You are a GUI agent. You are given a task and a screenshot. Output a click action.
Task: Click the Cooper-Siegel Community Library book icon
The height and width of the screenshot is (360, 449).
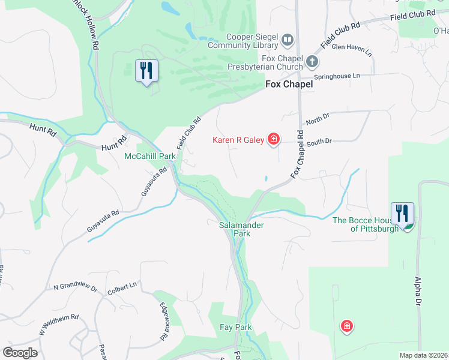pyautogui.click(x=287, y=40)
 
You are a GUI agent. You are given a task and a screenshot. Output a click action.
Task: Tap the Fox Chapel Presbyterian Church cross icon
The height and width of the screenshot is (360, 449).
pyautogui.click(x=312, y=61)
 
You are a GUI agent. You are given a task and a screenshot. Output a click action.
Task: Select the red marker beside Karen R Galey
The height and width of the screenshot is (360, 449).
pyautogui.click(x=273, y=140)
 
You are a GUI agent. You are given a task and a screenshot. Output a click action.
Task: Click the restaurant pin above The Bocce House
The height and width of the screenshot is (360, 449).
pyautogui.click(x=402, y=213)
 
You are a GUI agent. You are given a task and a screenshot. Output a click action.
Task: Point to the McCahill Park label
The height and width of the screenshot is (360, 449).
pyautogui.click(x=149, y=156)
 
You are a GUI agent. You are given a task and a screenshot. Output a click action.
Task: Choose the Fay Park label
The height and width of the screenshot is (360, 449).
pyautogui.click(x=235, y=327)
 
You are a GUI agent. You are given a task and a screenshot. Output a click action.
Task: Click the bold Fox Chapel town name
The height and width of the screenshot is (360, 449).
pyautogui.click(x=289, y=85)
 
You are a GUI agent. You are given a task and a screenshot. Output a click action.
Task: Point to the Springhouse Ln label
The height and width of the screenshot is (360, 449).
pyautogui.click(x=339, y=76)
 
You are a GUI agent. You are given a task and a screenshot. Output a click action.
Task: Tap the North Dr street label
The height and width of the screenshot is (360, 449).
pyautogui.click(x=314, y=121)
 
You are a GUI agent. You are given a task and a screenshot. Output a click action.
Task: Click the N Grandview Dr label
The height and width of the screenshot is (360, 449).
pyautogui.click(x=74, y=288)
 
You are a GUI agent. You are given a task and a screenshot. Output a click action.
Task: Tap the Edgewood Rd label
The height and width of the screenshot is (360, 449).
pyautogui.click(x=163, y=321)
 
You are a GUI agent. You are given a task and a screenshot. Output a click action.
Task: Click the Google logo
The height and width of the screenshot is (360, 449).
pyautogui.click(x=20, y=353)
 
